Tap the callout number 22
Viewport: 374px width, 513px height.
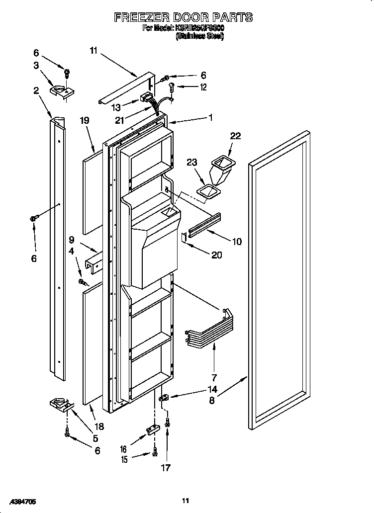point(235,136)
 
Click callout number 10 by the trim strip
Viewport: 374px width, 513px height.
point(236,242)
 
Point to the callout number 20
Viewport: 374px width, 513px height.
point(216,255)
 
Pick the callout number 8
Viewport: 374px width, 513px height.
point(212,400)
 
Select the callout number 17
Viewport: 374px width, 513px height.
point(166,467)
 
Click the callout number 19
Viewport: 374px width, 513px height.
point(85,120)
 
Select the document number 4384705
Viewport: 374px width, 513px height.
point(21,502)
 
